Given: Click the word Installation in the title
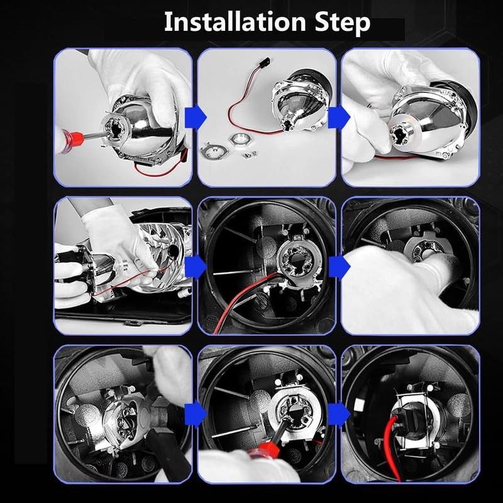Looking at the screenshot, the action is tap(235, 22).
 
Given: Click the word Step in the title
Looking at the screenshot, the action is tap(342, 23).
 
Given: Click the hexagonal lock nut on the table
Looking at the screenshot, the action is tap(240, 139).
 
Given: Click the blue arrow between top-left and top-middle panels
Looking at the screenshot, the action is tap(196, 118).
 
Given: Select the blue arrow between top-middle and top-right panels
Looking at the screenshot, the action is tap(339, 118).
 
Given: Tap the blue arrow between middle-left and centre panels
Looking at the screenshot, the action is tap(196, 266).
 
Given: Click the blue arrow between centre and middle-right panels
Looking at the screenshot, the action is tap(339, 266).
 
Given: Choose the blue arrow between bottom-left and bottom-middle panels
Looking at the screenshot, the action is tap(196, 414).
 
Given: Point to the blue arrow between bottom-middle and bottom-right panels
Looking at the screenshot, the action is tap(339, 414).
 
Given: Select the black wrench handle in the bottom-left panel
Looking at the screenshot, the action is tap(167, 453).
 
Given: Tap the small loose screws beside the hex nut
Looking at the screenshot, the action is tap(249, 154).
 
